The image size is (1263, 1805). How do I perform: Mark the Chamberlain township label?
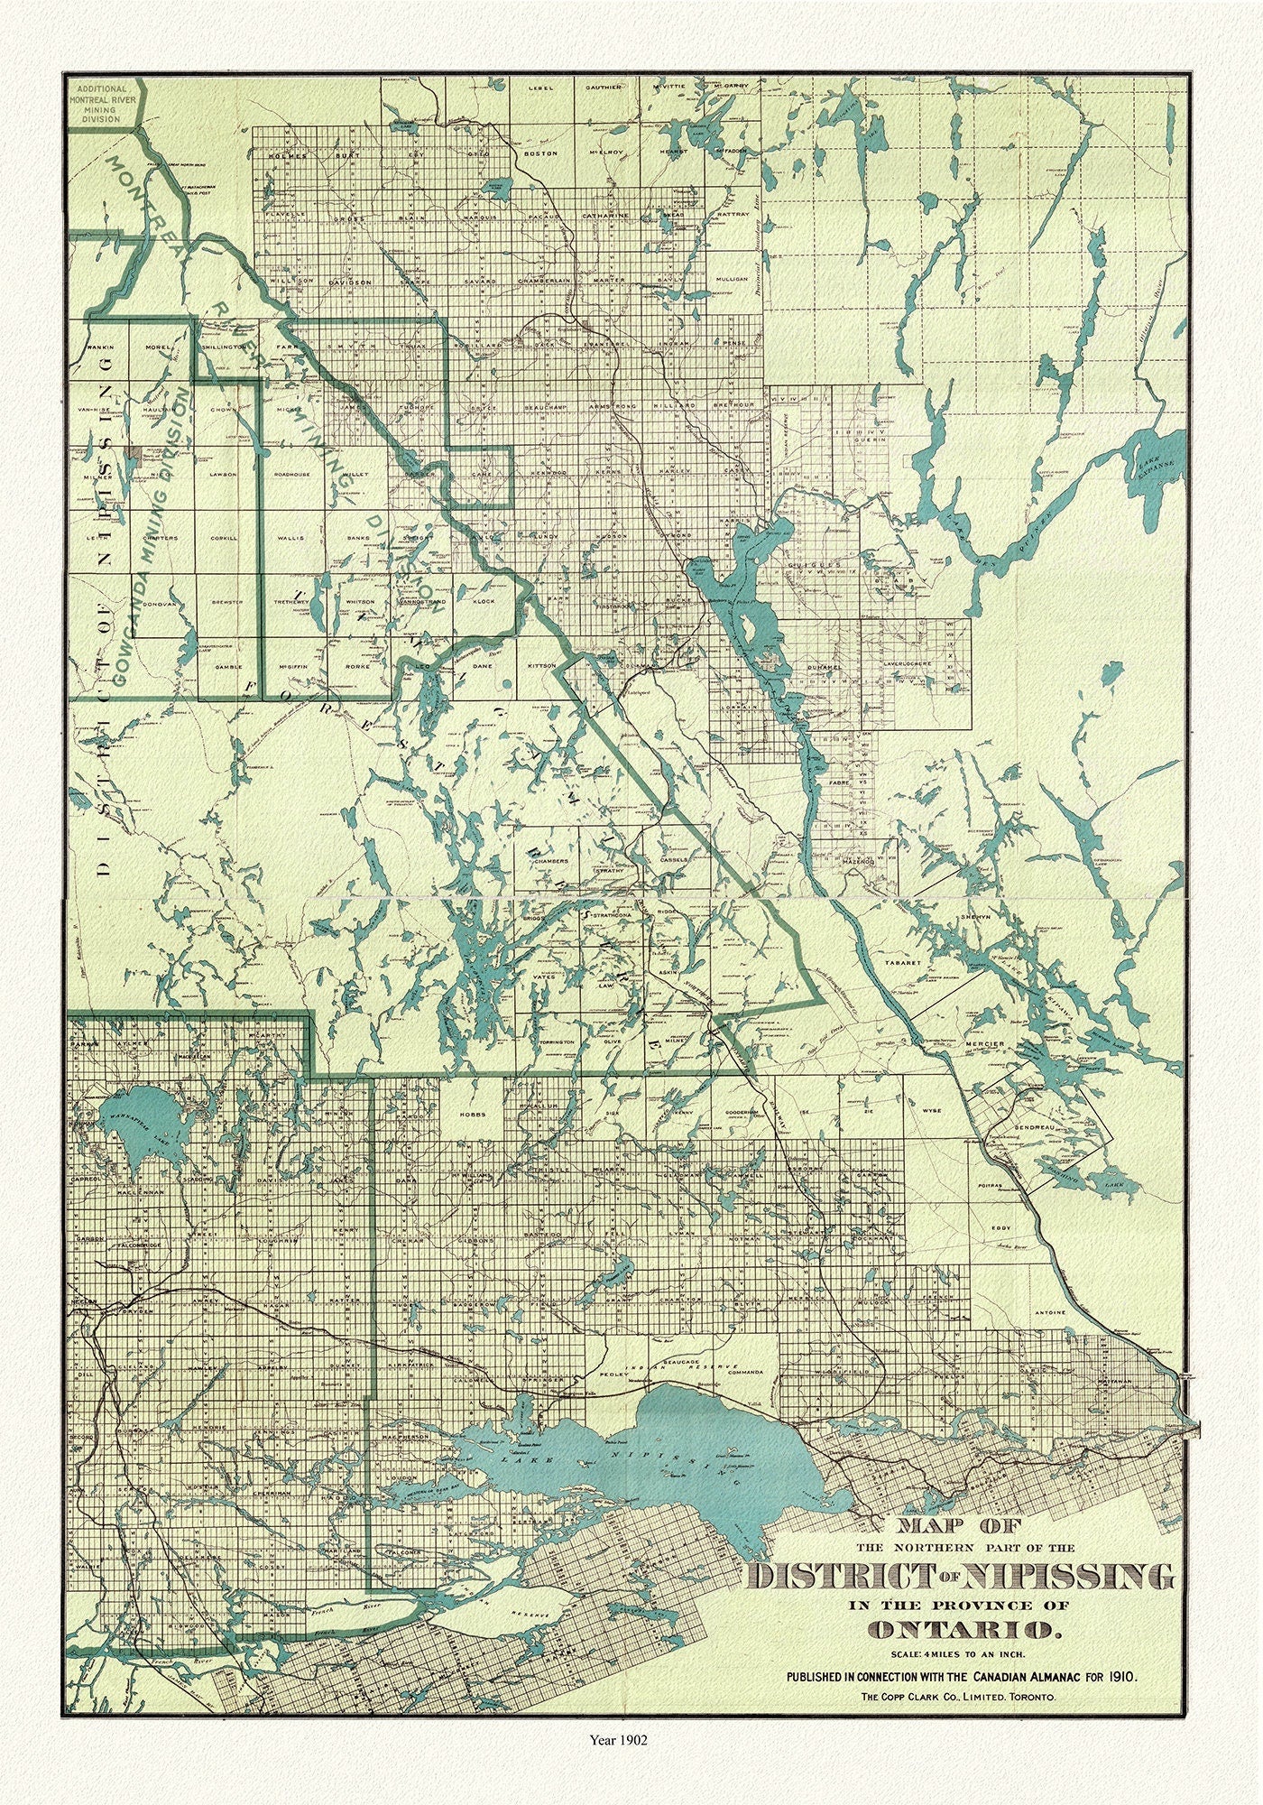tap(544, 282)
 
